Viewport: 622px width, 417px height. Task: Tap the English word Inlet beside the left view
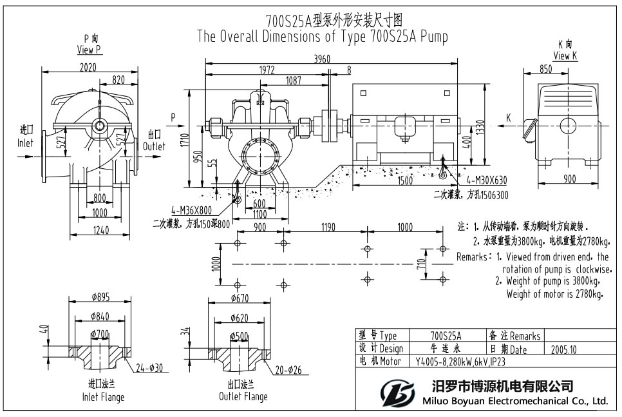[25, 143]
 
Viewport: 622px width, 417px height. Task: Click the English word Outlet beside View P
[154, 146]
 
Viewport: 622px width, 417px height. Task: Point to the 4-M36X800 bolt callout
[191, 210]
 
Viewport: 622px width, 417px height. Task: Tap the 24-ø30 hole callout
[149, 369]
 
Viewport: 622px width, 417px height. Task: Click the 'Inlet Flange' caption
[103, 397]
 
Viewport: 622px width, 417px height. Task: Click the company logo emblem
[395, 393]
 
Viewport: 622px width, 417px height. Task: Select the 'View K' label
[565, 56]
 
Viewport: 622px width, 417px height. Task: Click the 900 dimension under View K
[569, 179]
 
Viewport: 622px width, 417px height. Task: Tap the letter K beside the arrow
[508, 117]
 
